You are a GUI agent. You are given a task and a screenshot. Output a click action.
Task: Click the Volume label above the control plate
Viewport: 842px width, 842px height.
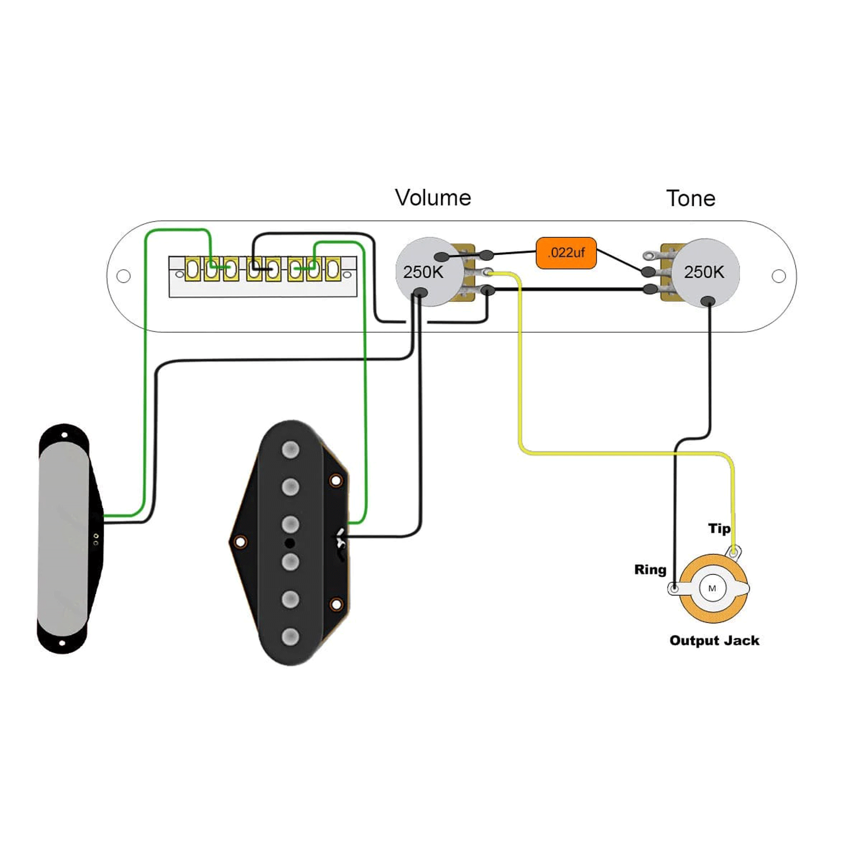coord(433,198)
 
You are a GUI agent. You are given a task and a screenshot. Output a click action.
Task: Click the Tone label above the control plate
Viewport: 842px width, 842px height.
coord(690,199)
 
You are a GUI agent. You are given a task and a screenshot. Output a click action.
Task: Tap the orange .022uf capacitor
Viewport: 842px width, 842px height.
coord(566,253)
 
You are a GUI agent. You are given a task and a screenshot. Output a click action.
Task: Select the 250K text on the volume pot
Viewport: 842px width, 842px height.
coord(423,272)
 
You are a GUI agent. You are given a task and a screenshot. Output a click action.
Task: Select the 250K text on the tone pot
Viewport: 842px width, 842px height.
coord(704,272)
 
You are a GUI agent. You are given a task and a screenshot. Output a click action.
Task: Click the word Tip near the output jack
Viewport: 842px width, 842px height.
coord(719,529)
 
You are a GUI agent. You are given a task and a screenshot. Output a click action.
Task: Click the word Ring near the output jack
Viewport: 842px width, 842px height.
coord(650,570)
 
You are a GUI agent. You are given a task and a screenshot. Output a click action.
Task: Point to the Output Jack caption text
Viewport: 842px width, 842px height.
coord(714,641)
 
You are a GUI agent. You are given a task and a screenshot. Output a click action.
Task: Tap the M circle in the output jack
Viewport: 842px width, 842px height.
coord(712,589)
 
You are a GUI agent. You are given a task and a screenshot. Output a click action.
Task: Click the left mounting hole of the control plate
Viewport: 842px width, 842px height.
coord(123,276)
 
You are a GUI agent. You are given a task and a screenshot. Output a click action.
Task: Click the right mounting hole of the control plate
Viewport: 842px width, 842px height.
coord(778,276)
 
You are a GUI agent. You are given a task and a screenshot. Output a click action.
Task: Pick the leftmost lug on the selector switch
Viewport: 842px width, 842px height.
coord(192,269)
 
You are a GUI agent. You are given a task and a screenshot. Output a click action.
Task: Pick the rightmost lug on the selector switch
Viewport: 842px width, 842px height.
coord(333,269)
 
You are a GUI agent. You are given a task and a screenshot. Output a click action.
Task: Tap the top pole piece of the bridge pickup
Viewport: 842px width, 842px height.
coord(290,450)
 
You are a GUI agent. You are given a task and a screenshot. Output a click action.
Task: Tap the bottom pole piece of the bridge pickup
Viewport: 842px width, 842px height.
coord(290,637)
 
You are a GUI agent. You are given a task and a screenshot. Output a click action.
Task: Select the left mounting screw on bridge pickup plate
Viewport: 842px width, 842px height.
coord(240,542)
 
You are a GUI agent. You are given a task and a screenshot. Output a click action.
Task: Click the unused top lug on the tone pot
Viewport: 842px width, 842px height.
coord(651,255)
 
